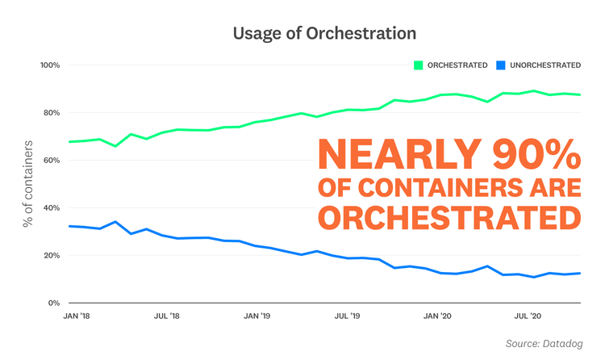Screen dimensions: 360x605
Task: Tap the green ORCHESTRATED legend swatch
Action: [x=419, y=65]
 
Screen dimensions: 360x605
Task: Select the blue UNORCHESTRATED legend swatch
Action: [x=501, y=65]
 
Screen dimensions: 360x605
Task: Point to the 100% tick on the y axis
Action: [x=49, y=65]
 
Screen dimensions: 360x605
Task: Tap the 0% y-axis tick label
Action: [x=54, y=303]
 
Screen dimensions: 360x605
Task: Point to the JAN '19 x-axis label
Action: [x=257, y=317]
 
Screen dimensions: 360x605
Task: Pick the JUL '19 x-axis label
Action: [x=347, y=317]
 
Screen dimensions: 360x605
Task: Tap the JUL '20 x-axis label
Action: [x=528, y=317]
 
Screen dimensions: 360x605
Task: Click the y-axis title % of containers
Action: [x=29, y=183]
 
